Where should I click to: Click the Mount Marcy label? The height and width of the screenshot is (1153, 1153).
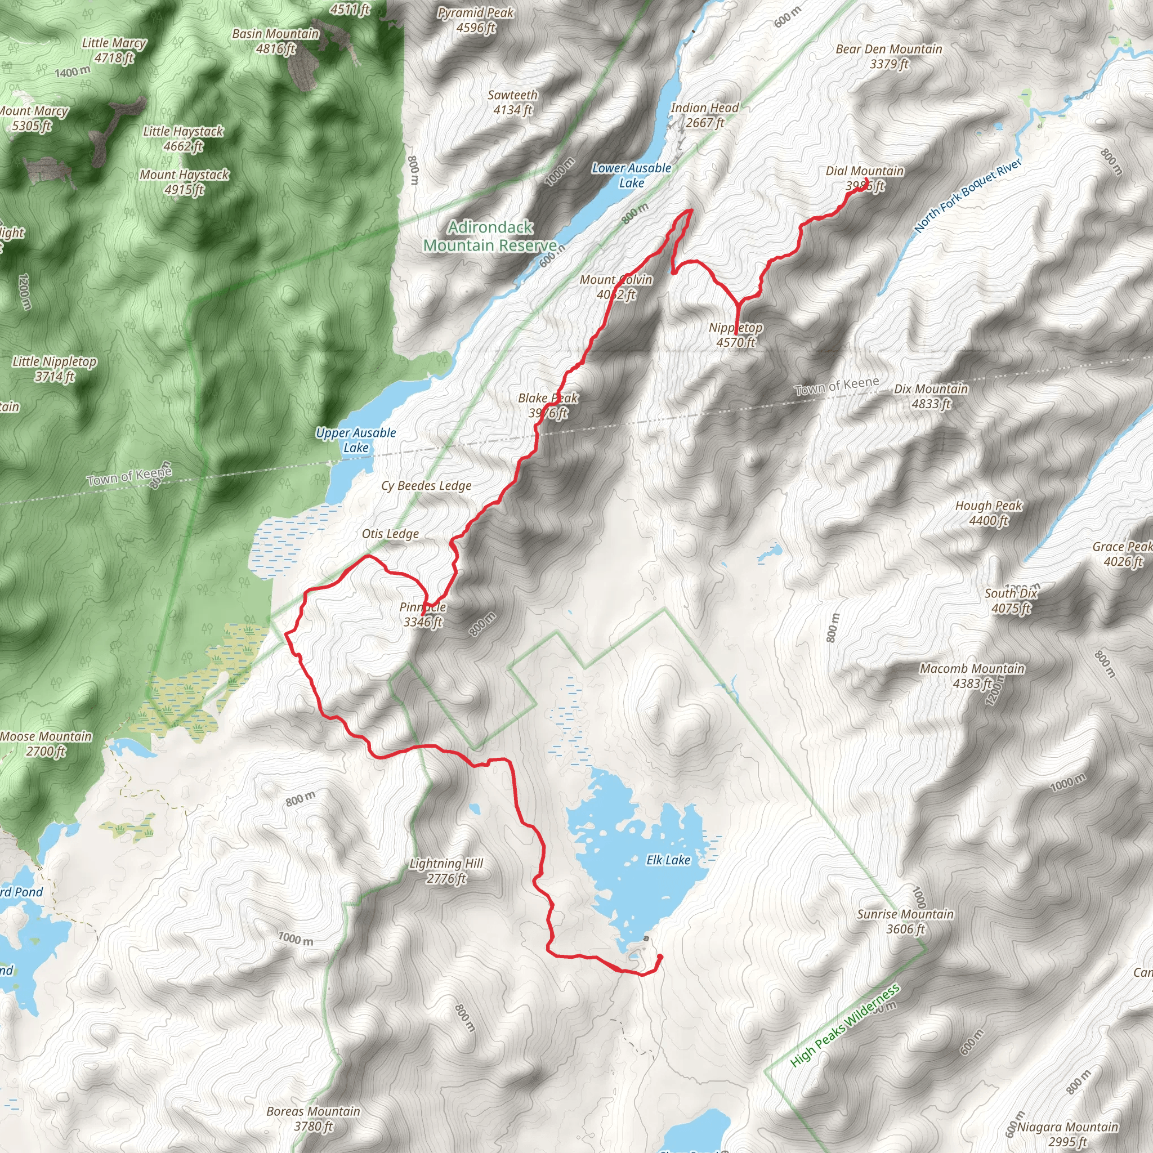pyautogui.click(x=33, y=118)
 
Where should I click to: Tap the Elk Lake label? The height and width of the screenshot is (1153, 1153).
pyautogui.click(x=668, y=860)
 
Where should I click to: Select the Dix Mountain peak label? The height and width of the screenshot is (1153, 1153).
pyautogui.click(x=931, y=396)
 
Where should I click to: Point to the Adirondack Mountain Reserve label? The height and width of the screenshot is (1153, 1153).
pyautogui.click(x=490, y=236)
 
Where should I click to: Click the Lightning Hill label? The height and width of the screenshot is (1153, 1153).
pyautogui.click(x=446, y=871)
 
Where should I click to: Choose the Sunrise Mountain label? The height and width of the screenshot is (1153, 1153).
pyautogui.click(x=905, y=922)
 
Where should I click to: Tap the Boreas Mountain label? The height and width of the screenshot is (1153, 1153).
pyautogui.click(x=314, y=1119)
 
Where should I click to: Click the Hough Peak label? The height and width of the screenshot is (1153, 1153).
pyautogui.click(x=989, y=513)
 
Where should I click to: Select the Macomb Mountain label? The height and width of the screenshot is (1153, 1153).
pyautogui.click(x=972, y=676)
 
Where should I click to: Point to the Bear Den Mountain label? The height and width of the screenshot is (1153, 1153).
pyautogui.click(x=889, y=56)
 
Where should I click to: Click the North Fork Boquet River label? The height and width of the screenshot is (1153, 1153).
pyautogui.click(x=967, y=195)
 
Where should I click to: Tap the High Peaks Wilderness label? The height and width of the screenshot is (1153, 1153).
pyautogui.click(x=844, y=1026)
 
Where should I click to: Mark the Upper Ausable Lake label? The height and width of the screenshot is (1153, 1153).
pyautogui.click(x=356, y=440)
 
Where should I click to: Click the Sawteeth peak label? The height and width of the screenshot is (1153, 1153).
pyautogui.click(x=513, y=102)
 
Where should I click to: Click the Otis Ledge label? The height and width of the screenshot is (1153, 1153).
pyautogui.click(x=390, y=534)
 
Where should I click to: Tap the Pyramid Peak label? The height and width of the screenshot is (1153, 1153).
pyautogui.click(x=476, y=20)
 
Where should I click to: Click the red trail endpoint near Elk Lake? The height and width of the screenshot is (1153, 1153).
pyautogui.click(x=659, y=957)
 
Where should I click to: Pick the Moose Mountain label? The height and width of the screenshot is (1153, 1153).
pyautogui.click(x=46, y=744)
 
